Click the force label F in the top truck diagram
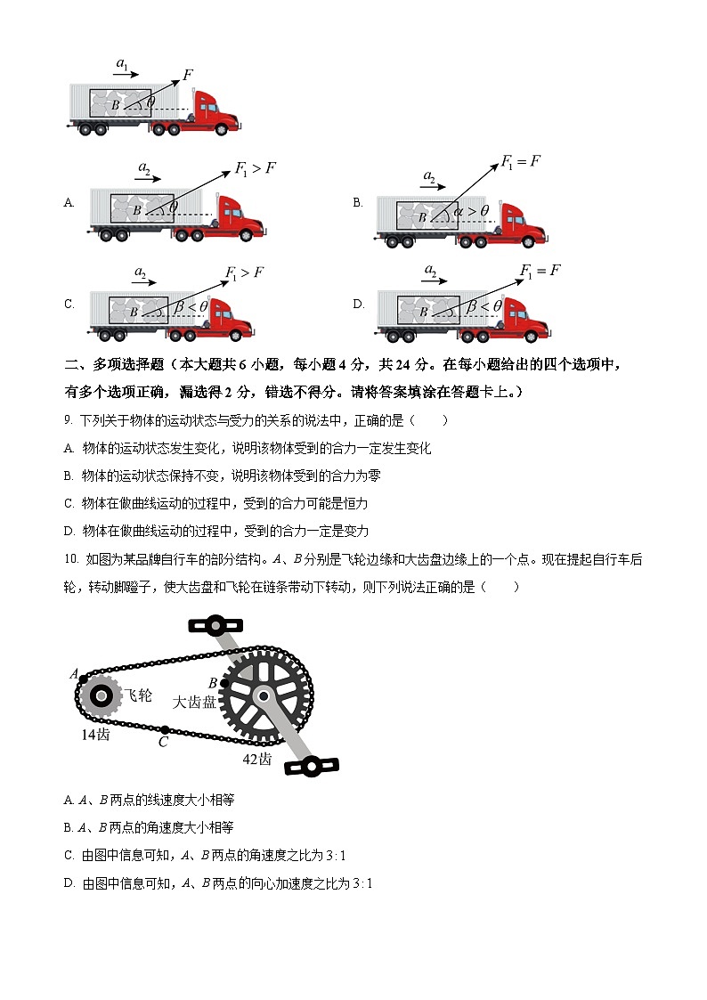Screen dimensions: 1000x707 click(189, 74)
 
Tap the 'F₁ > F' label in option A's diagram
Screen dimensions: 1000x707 click(254, 168)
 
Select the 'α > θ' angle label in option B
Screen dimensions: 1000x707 click(471, 211)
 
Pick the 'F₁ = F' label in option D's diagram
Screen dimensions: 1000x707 click(540, 272)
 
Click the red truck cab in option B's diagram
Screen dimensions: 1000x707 click(522, 224)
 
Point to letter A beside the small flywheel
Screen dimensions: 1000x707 click(74, 674)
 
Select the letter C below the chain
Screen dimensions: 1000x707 click(163, 741)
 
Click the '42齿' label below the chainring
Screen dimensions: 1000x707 click(257, 759)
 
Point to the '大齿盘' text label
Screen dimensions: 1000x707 click(193, 702)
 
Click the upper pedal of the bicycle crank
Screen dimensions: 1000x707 click(215, 625)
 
